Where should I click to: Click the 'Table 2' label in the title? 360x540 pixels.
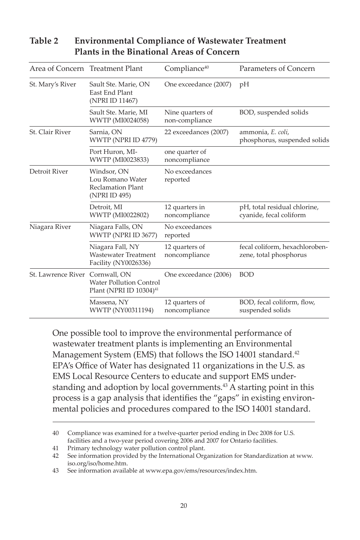click(x=44, y=41)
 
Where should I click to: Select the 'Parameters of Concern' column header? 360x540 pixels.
click(x=277, y=69)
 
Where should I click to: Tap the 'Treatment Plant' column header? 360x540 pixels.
click(x=116, y=69)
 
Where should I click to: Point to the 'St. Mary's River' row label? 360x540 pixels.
click(x=53, y=85)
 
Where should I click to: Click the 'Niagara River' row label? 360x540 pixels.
click(x=50, y=227)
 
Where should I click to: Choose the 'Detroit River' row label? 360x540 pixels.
click(x=49, y=172)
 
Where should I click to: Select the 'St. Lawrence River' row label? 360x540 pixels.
click(x=57, y=275)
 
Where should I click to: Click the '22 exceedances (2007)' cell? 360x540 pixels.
click(x=196, y=132)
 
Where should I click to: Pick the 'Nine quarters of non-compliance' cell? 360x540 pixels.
click(x=188, y=116)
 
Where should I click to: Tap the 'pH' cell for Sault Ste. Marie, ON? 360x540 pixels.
click(x=244, y=85)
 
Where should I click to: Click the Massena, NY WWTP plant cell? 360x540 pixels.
click(x=121, y=306)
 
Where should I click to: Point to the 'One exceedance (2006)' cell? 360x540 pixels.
click(x=197, y=275)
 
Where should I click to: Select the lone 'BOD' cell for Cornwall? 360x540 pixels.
click(x=246, y=275)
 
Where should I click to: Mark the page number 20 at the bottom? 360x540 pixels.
click(x=184, y=506)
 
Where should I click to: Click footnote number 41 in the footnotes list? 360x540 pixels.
click(x=55, y=448)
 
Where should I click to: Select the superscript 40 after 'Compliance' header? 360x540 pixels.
click(x=207, y=67)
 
